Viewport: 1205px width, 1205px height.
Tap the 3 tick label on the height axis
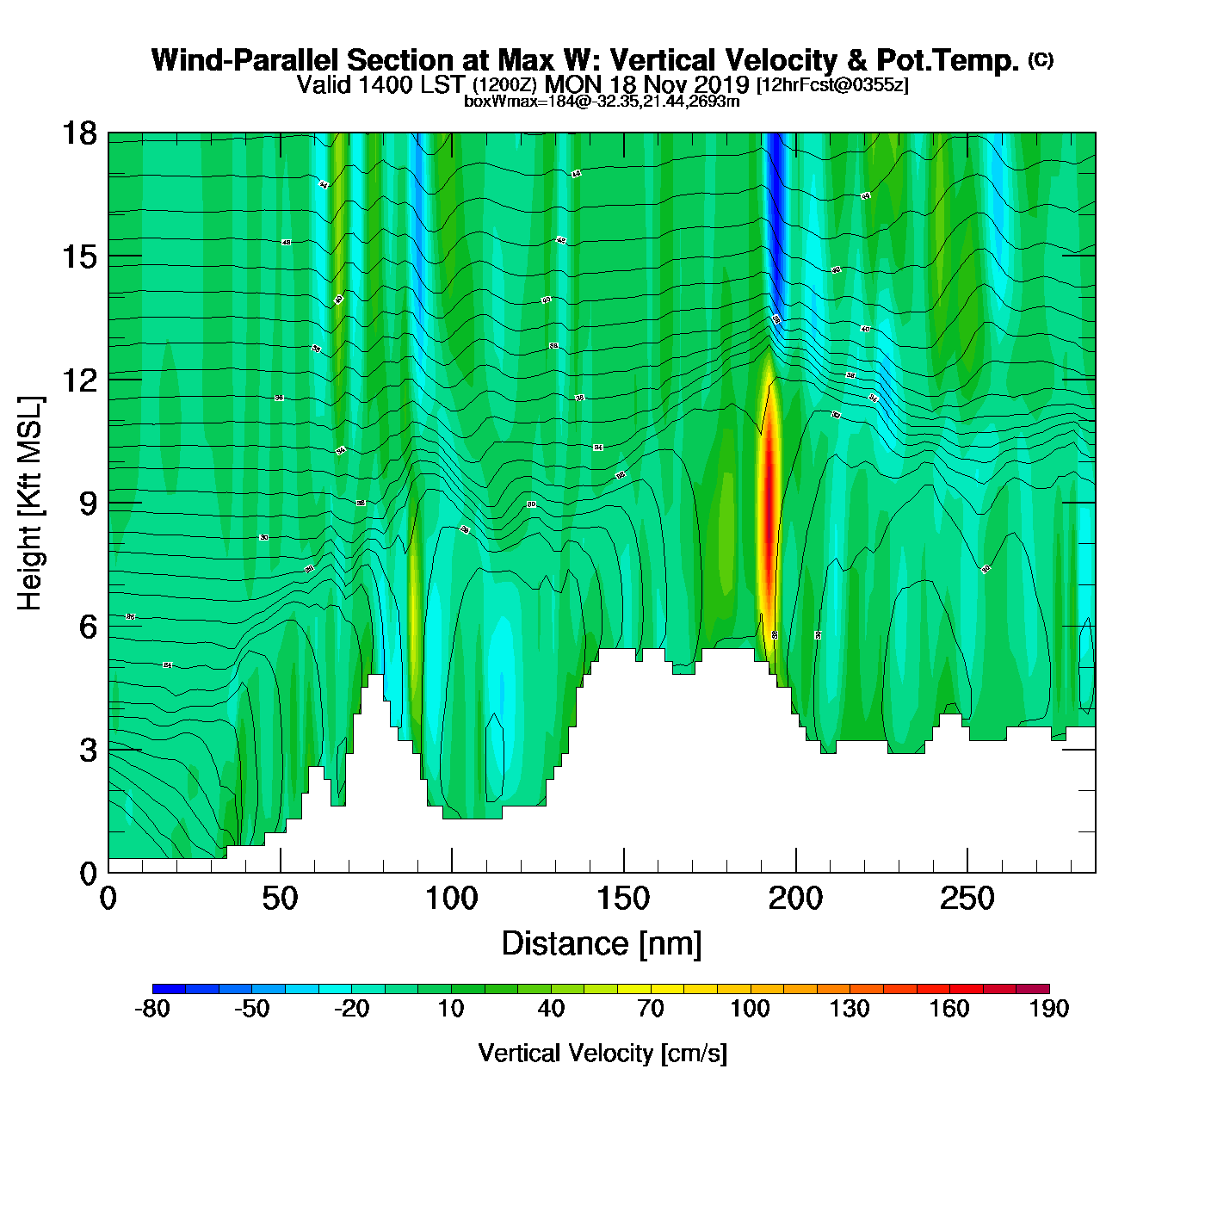[x=88, y=750]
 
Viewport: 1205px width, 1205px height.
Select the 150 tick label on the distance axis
[x=623, y=899]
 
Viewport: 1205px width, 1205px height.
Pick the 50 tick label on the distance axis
[x=280, y=899]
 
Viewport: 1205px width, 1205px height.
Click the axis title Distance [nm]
[x=602, y=944]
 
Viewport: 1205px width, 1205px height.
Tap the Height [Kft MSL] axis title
[x=30, y=504]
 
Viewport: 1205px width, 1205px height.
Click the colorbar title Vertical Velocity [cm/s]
[x=602, y=1053]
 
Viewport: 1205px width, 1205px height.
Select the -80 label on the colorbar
[x=152, y=1009]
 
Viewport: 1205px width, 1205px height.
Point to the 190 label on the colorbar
[x=1048, y=1009]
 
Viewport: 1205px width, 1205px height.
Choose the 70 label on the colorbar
[x=651, y=1009]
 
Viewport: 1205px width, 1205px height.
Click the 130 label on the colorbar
[x=850, y=1009]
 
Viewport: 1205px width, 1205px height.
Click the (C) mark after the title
[x=1040, y=59]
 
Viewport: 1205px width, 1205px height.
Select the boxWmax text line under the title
[x=602, y=102]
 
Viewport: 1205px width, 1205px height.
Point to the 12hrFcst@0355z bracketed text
[x=831, y=85]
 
